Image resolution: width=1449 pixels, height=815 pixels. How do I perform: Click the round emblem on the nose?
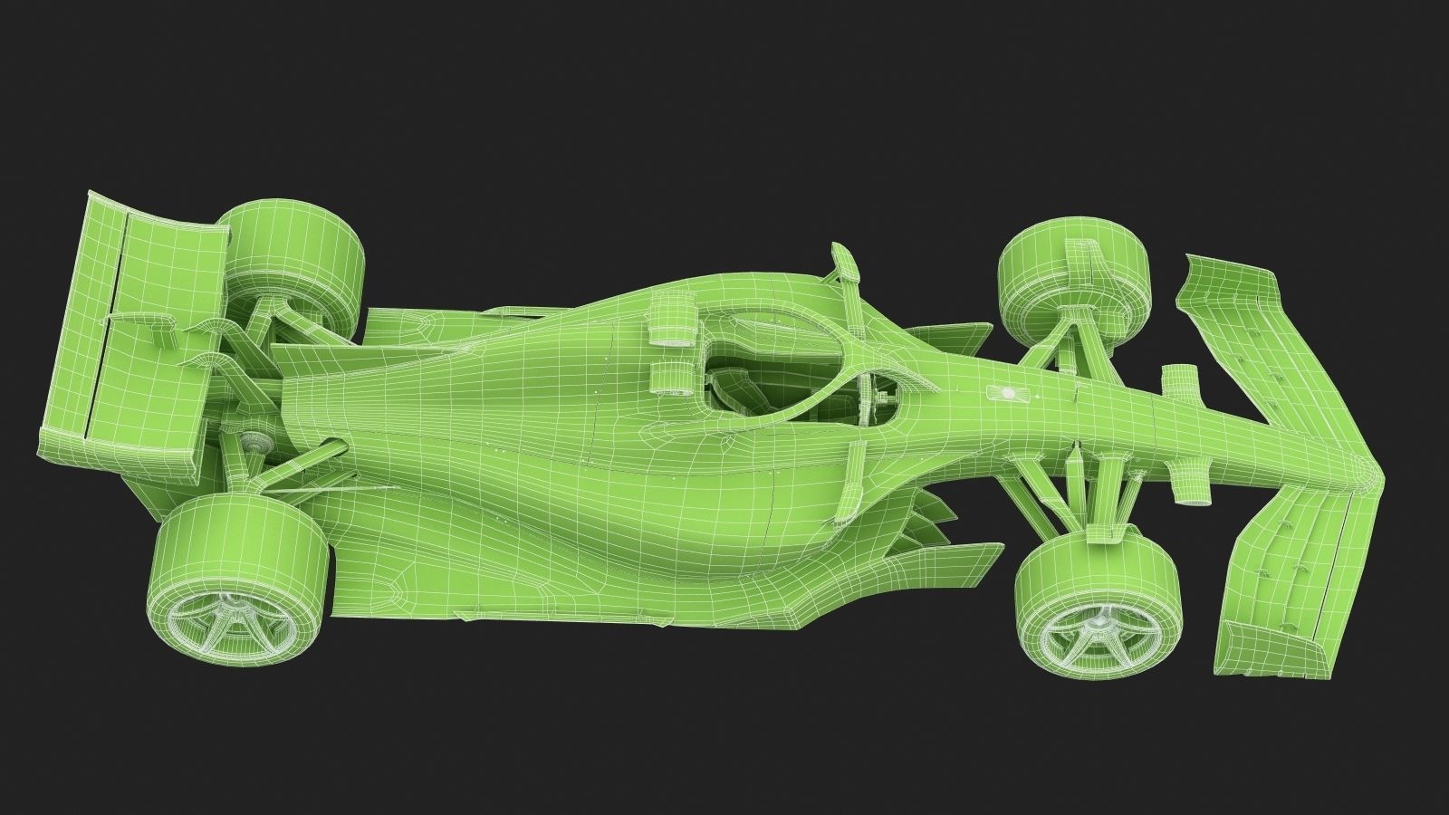1005,392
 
